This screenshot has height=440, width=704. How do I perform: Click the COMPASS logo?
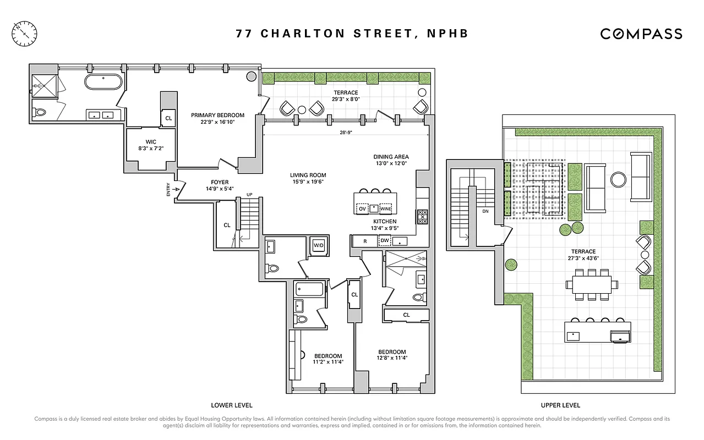[641, 34]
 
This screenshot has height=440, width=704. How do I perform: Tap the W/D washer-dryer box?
[319, 245]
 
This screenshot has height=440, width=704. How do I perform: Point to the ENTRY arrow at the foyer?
[176, 190]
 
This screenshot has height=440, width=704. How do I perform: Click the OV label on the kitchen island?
[362, 209]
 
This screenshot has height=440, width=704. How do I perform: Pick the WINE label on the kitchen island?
[385, 209]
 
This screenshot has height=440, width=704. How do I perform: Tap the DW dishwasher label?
[385, 240]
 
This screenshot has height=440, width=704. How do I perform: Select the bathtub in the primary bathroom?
[104, 82]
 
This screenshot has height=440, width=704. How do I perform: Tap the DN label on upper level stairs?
[485, 211]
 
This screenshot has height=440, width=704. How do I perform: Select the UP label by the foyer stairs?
[249, 195]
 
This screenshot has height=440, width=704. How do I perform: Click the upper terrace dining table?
[588, 284]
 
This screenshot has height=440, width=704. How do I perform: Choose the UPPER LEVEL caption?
[560, 405]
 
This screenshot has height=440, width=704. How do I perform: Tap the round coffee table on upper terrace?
[618, 180]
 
